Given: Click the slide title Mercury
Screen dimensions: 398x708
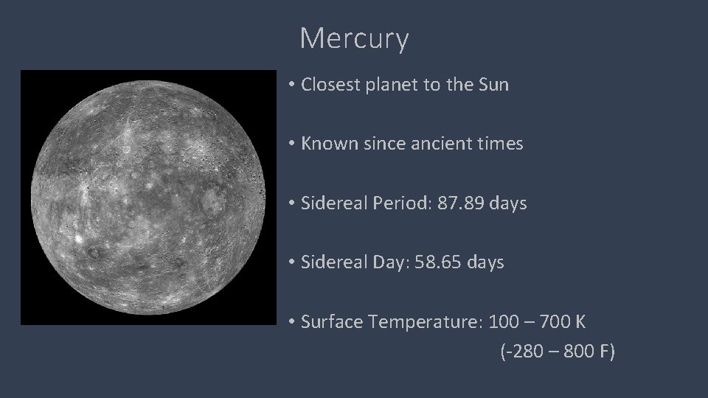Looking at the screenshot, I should (354, 38).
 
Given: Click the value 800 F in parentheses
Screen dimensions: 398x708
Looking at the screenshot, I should (588, 352).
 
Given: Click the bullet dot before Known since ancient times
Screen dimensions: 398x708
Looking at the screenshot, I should (292, 144).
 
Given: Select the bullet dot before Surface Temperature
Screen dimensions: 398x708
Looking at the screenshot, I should (292, 321).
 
